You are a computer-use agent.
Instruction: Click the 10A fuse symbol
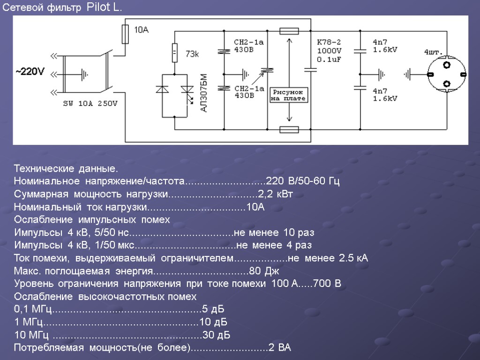point(125,34)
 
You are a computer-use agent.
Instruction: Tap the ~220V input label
point(30,72)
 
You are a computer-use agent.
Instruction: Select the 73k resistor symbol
point(174,52)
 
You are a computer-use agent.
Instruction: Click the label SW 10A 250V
point(90,104)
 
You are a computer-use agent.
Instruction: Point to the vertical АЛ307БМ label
point(203,93)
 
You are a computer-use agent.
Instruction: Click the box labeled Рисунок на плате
point(289,95)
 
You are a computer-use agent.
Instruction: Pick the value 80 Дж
point(264,271)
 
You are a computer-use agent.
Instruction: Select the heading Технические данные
point(66,168)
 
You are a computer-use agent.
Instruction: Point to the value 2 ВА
point(280,348)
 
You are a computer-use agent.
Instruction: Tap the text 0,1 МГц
point(32,309)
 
